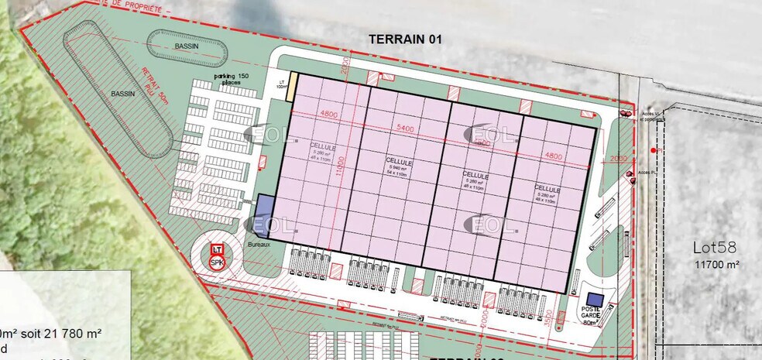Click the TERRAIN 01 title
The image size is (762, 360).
coord(404,39)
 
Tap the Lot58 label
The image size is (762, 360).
coord(716,249)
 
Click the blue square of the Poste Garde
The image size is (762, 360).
coord(595,300)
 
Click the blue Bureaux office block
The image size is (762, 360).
coord(264,211)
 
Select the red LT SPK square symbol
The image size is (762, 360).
coord(218,256)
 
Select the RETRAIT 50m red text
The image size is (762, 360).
coord(155,85)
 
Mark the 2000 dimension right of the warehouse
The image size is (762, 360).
coord(618,158)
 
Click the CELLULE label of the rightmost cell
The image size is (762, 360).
coord(546,189)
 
